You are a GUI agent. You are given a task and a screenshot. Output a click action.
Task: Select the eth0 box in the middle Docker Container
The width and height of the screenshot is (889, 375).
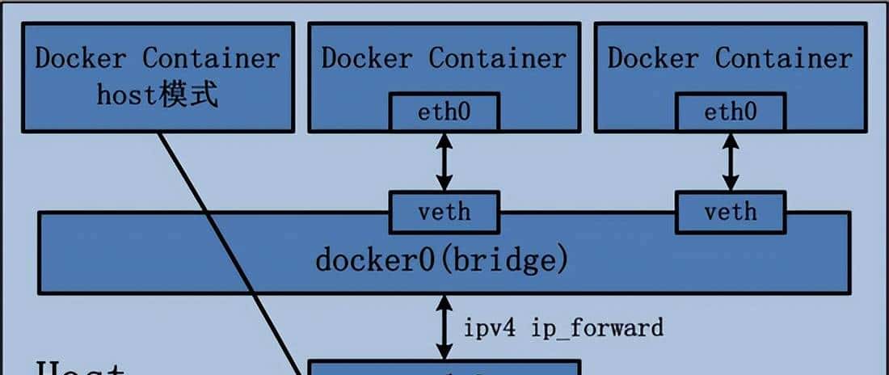(444, 112)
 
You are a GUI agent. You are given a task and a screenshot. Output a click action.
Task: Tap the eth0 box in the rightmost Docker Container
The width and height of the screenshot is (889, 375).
(730, 112)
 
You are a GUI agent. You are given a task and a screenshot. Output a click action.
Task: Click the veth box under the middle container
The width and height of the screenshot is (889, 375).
(444, 212)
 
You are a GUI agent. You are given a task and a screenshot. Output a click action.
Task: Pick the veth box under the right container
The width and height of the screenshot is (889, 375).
(730, 212)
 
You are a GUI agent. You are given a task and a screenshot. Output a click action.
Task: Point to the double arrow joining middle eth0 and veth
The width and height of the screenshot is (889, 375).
(444, 162)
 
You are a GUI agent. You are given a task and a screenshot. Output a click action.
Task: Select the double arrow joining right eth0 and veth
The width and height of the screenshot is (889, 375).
(730, 162)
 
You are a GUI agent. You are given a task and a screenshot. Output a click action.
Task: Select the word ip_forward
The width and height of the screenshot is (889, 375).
(597, 327)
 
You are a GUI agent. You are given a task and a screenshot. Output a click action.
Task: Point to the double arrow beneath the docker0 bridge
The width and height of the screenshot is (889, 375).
(444, 327)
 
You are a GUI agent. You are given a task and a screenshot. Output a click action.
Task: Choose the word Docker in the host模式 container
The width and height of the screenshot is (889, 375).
(80, 58)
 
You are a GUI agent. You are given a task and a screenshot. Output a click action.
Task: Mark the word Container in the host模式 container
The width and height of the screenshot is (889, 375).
(211, 58)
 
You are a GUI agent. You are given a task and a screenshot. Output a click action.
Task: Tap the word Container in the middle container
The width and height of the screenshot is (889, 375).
(497, 58)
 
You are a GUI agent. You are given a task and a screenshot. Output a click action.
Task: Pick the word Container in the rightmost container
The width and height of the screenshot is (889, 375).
(783, 58)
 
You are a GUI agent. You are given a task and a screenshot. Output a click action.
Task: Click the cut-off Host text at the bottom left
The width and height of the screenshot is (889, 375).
(80, 369)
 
